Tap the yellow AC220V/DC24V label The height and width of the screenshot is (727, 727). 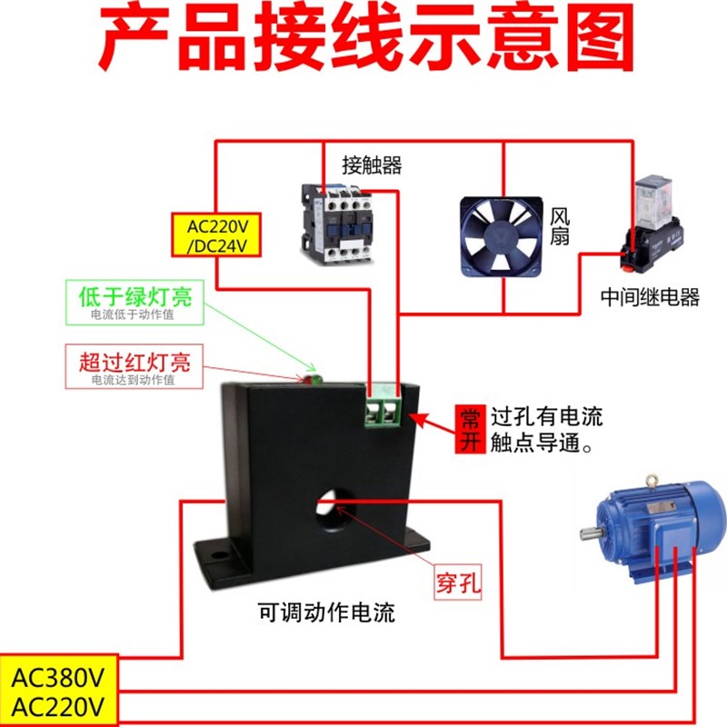click(x=216, y=234)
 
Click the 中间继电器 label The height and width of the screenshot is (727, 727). click(x=650, y=297)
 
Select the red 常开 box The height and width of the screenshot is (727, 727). click(x=469, y=429)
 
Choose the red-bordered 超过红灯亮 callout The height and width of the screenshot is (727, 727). click(x=134, y=366)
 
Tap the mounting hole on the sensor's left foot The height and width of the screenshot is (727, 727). click(x=218, y=551)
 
